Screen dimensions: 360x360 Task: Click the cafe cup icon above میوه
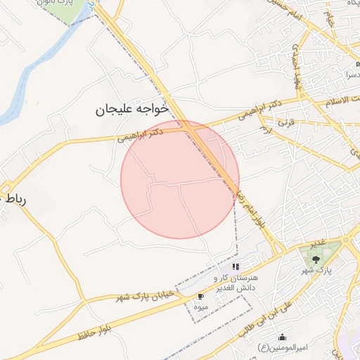pyautogui.click(x=200, y=297)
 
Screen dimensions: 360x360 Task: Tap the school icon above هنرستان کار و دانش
pyautogui.click(x=236, y=267)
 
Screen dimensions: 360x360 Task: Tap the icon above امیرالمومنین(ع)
pyautogui.click(x=283, y=337)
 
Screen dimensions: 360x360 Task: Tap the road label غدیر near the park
pyautogui.click(x=316, y=242)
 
